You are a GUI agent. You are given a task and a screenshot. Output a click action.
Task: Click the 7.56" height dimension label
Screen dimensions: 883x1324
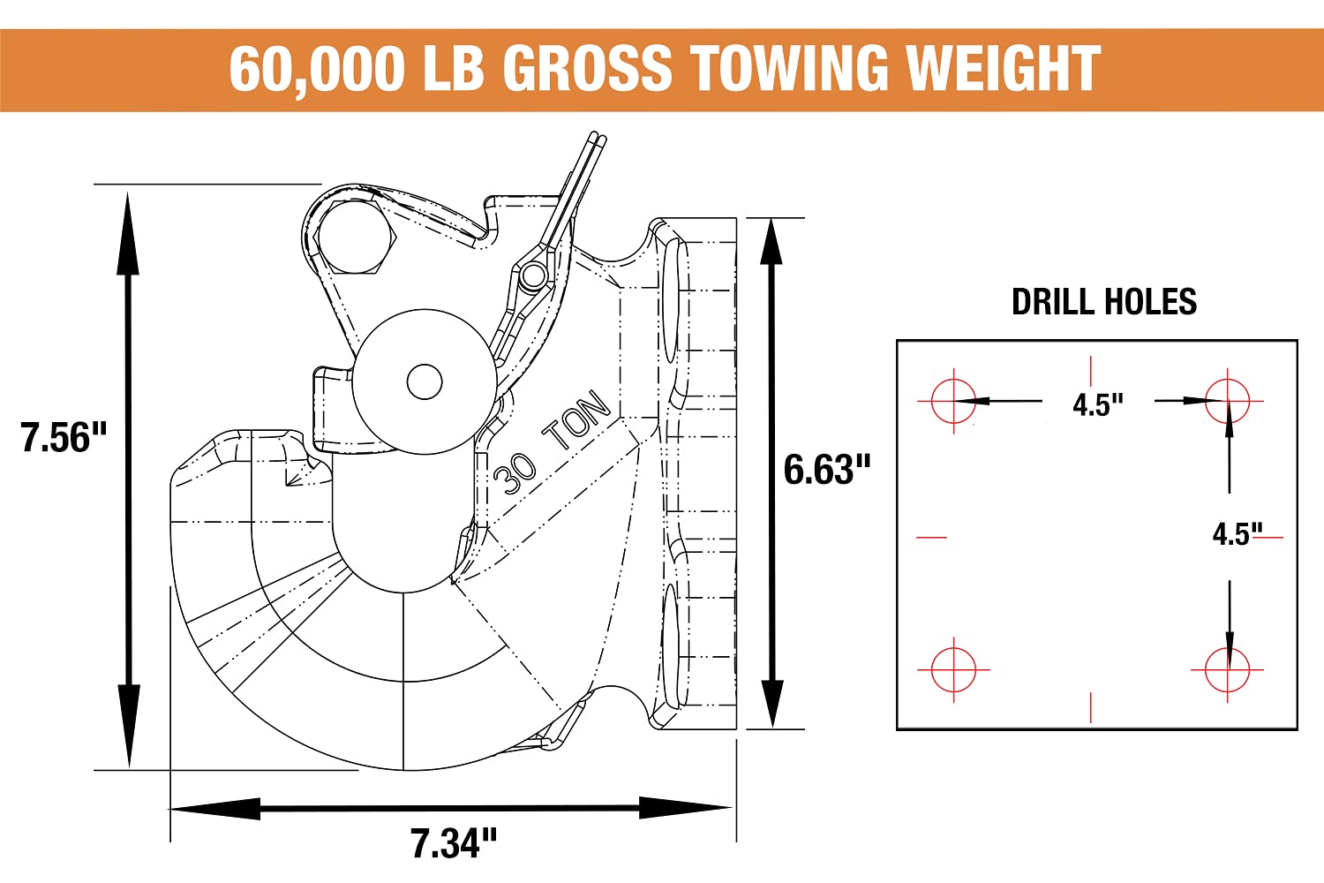pyautogui.click(x=64, y=438)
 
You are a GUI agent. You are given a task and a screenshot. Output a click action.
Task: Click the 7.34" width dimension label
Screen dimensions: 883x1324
pyautogui.click(x=454, y=843)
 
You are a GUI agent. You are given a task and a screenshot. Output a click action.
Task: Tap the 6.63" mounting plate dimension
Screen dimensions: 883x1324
pyautogui.click(x=827, y=470)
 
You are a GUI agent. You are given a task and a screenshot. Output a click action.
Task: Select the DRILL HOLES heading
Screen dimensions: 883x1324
pyautogui.click(x=1103, y=302)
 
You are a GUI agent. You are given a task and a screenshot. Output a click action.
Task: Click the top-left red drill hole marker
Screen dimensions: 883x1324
pyautogui.click(x=953, y=401)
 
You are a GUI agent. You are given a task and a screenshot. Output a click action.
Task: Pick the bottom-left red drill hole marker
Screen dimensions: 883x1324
pyautogui.click(x=953, y=669)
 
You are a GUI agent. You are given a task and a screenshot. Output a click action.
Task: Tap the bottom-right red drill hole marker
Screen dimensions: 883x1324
pyautogui.click(x=1228, y=670)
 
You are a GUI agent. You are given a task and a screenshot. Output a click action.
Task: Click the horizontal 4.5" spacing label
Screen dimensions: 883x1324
pyautogui.click(x=1098, y=405)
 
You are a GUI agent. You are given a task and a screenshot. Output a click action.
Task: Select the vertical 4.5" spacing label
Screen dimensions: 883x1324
pyautogui.click(x=1237, y=534)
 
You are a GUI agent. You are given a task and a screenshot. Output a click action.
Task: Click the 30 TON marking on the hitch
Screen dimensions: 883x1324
pyautogui.click(x=553, y=441)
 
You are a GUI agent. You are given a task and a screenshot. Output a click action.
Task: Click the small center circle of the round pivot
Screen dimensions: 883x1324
pyautogui.click(x=425, y=381)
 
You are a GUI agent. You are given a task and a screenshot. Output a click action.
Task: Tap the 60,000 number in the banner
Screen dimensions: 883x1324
pyautogui.click(x=316, y=69)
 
